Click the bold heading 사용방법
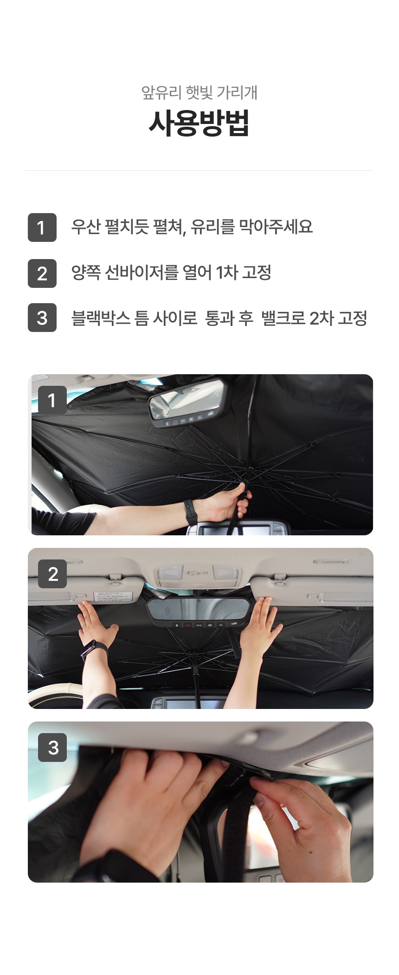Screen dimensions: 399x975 [199, 123]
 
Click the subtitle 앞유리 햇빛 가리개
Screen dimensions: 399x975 [199, 92]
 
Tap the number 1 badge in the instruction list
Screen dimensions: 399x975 [42, 227]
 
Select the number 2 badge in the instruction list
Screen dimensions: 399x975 [42, 273]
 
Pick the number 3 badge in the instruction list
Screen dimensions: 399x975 [42, 318]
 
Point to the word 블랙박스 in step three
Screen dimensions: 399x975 [101, 318]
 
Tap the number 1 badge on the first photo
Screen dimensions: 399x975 [52, 400]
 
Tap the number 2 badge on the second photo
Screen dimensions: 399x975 [52, 574]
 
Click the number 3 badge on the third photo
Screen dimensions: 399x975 [52, 747]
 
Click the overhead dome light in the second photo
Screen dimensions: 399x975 [199, 575]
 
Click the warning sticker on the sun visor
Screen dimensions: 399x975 [112, 597]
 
